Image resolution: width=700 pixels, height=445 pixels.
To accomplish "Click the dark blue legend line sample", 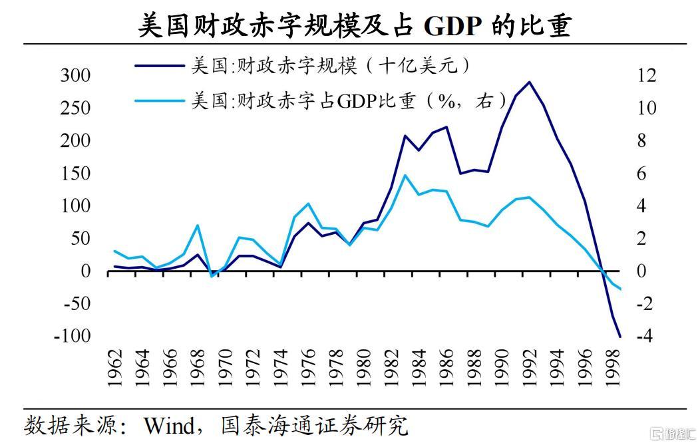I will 159,66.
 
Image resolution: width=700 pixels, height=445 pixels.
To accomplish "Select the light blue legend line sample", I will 159,101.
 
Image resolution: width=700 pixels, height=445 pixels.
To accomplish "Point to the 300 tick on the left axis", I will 75,75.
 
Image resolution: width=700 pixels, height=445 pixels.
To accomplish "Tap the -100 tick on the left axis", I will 72,336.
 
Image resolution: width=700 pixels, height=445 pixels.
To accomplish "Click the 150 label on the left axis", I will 75,173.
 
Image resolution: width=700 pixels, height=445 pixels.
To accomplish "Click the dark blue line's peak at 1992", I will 529,82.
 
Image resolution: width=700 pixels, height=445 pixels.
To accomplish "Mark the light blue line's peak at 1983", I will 405,176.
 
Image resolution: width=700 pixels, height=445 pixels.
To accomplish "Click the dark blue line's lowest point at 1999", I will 620,337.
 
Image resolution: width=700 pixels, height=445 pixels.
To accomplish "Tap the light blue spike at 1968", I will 197,225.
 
